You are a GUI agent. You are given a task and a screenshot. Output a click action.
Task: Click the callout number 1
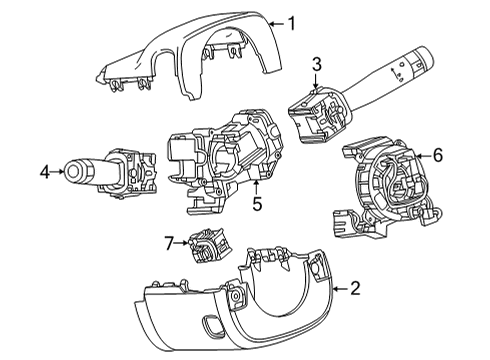point(291,21)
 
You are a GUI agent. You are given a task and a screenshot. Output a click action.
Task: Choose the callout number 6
point(436,156)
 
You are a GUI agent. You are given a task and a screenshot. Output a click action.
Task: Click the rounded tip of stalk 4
point(73,171)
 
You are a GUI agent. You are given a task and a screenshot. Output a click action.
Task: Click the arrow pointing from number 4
point(59,172)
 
